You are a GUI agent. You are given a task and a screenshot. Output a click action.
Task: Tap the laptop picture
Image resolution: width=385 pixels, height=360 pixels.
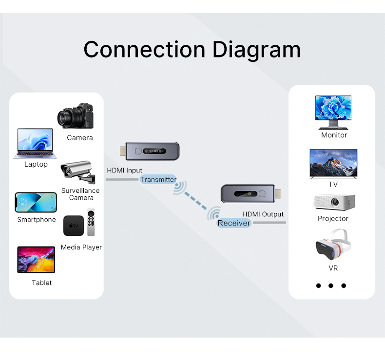[x=36, y=143]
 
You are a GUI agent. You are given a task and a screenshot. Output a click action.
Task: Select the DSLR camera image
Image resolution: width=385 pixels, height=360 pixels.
[x=76, y=116]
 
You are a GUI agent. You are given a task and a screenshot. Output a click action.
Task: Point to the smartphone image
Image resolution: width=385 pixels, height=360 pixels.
[x=36, y=203]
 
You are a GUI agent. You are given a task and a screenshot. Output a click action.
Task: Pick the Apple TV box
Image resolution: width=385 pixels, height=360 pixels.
[x=73, y=226]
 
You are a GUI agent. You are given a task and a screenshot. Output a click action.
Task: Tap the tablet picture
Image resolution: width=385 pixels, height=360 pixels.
[x=36, y=260]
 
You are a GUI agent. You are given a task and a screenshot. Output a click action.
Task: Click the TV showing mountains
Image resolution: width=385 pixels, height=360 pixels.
[x=333, y=164]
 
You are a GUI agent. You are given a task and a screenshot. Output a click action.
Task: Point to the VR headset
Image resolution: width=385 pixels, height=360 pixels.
[x=333, y=246]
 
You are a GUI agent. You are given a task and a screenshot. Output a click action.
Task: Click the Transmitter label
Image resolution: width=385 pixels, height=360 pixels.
[x=158, y=180]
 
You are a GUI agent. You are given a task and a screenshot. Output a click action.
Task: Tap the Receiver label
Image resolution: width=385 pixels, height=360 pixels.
[x=234, y=223]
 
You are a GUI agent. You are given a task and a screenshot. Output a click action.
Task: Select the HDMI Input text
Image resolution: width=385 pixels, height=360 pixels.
[x=124, y=171]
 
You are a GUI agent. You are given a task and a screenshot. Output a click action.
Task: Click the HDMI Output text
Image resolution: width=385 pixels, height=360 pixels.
[x=263, y=214]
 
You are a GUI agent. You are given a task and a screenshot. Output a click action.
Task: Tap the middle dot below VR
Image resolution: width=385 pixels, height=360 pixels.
[x=331, y=285]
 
